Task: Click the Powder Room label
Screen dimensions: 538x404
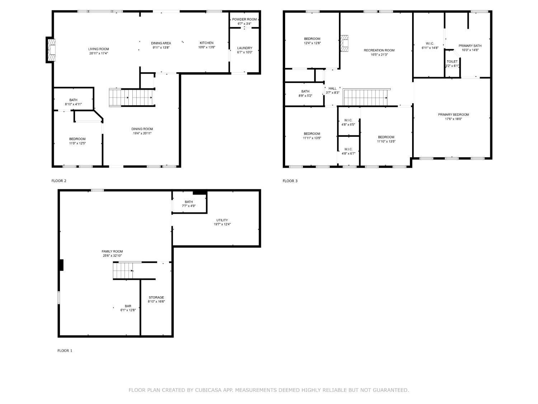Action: (x=244, y=19)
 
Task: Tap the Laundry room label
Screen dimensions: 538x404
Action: (x=245, y=48)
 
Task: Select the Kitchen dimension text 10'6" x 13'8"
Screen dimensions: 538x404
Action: (x=207, y=47)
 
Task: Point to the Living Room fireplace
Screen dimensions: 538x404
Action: (x=51, y=50)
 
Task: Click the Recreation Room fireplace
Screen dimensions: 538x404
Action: (x=344, y=43)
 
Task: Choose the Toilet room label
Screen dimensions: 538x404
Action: (x=452, y=61)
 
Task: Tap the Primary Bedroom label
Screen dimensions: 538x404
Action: (x=453, y=115)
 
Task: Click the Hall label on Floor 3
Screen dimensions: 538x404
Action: (x=332, y=89)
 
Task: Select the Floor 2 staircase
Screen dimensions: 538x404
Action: (x=132, y=97)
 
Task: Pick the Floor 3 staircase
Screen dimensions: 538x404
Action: (x=367, y=97)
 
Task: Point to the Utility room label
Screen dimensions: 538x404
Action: (x=222, y=220)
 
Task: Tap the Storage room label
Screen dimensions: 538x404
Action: (x=156, y=297)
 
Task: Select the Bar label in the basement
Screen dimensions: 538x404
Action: (x=128, y=306)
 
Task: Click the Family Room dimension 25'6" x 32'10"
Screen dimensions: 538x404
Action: (x=112, y=256)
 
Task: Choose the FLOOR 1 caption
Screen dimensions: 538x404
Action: (x=65, y=350)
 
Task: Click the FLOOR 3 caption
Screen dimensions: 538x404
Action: (x=290, y=181)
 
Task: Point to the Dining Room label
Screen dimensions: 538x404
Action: (x=142, y=129)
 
